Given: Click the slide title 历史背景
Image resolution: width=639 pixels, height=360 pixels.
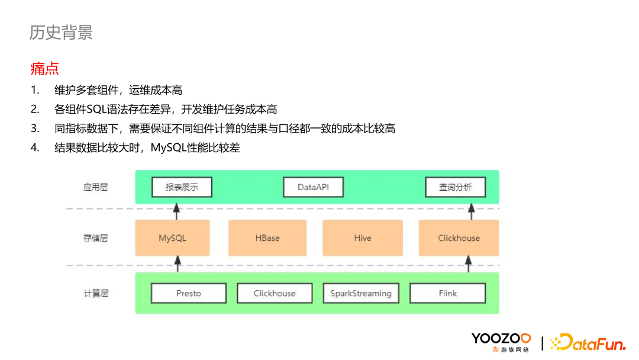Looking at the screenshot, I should coord(61,32).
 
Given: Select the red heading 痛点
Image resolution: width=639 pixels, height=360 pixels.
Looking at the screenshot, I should coord(44,69).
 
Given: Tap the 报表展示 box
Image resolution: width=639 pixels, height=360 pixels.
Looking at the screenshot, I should coord(182,187).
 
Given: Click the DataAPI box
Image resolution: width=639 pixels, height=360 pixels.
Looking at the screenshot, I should coord(313,187).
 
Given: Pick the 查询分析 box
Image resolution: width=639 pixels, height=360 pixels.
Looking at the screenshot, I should coord(456,187).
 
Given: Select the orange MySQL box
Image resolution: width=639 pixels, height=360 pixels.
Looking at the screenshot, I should coord(172,238).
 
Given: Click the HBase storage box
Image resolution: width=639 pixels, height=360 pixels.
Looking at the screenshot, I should coord(267,238).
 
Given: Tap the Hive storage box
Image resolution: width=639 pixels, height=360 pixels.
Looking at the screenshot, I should coord(363,238).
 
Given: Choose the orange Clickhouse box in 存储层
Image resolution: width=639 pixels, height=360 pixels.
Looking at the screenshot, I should coord(459,238).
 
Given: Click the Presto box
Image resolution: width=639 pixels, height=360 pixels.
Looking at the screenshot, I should coord(189,293).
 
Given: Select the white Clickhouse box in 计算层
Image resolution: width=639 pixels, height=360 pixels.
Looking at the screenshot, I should coord(275,293).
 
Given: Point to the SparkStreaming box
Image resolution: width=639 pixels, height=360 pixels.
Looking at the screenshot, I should coord(361,293).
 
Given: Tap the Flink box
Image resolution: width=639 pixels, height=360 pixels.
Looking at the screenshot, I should coord(448,293).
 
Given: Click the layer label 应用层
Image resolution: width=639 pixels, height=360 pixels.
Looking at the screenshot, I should coord(95,187).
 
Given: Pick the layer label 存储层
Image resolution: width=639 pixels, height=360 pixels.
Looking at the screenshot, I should coord(95,238).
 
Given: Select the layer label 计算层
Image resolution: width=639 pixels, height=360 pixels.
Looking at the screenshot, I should coord(95,293).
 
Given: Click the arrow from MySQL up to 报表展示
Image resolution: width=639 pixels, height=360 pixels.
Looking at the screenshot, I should coord(176,210).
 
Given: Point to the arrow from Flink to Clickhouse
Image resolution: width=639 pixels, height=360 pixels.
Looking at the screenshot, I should coord(469,264).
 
